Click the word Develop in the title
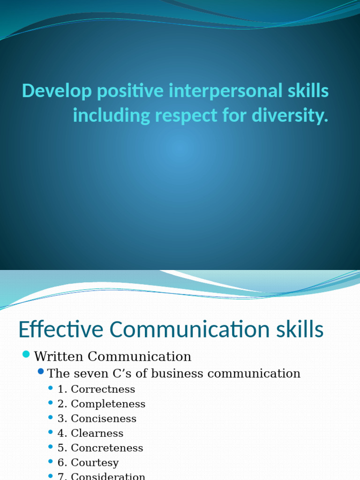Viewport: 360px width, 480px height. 57,91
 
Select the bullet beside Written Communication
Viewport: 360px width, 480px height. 26,354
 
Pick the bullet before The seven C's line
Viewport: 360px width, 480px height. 41,372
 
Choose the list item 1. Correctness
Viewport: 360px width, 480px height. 96,390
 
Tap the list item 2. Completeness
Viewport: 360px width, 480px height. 101,404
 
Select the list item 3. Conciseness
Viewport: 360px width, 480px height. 97,419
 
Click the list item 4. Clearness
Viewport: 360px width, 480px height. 90,433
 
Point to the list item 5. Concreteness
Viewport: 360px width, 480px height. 100,448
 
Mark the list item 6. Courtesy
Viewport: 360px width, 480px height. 88,463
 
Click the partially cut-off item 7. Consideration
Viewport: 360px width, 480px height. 101,476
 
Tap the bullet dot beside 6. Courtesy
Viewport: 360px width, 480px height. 51,462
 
